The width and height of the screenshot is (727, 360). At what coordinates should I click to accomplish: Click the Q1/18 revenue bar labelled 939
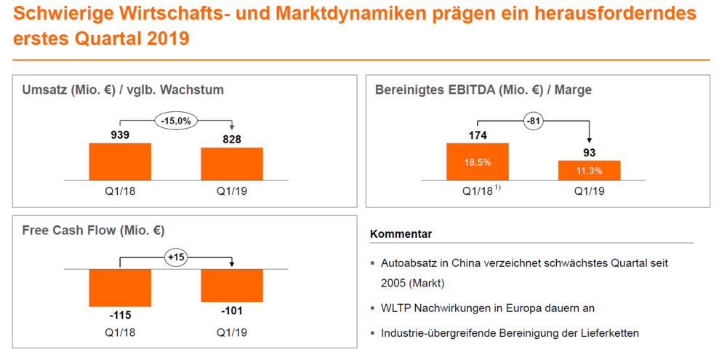coord(120,161)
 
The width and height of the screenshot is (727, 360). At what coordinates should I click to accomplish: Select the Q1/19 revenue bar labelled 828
coord(232,164)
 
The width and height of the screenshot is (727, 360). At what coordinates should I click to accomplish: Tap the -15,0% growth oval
coord(176,121)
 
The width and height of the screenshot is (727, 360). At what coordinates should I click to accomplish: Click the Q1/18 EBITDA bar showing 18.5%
coord(478,161)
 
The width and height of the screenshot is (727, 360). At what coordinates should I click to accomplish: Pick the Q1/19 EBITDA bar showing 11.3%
coord(590,170)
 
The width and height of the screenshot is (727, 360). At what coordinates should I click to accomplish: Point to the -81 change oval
coord(534,121)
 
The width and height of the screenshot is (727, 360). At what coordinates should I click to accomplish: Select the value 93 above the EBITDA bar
coord(590,153)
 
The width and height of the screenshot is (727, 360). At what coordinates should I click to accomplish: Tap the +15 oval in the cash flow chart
coord(176,257)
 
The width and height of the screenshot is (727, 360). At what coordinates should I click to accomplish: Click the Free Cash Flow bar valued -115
coord(120,287)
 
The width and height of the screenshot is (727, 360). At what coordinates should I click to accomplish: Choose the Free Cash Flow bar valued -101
coord(232,285)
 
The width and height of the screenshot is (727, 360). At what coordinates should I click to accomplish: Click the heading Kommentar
coord(401,234)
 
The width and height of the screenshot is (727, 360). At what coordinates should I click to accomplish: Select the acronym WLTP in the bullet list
coord(394,308)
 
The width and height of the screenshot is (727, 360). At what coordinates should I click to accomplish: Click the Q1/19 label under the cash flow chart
coord(232,332)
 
